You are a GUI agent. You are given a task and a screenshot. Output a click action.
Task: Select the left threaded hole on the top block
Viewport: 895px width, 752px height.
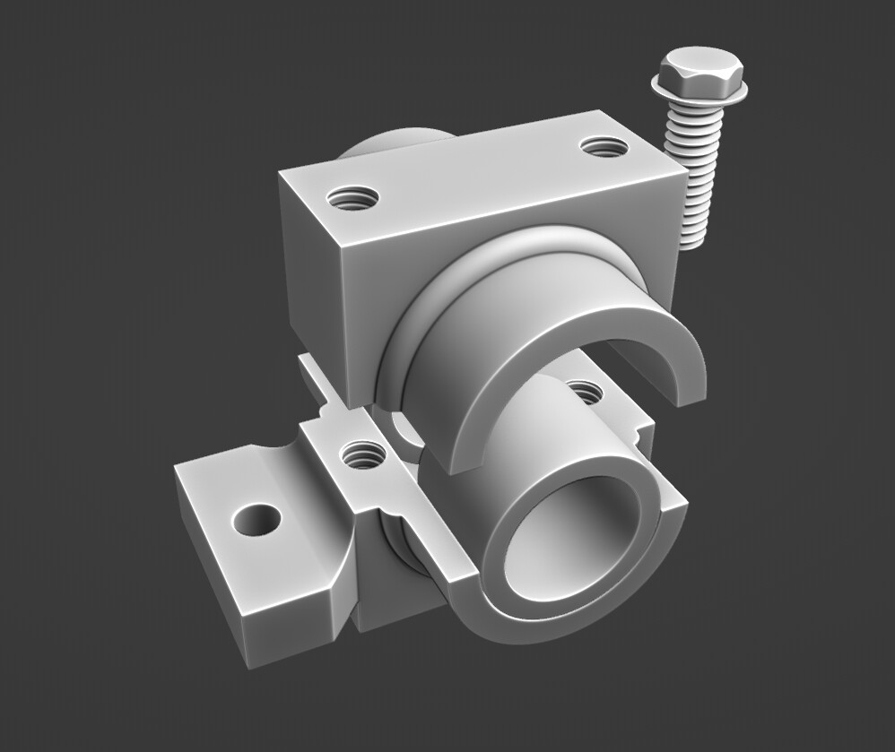pyautogui.click(x=352, y=197)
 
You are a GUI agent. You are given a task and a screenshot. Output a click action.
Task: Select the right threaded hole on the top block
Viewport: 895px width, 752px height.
pyautogui.click(x=603, y=146)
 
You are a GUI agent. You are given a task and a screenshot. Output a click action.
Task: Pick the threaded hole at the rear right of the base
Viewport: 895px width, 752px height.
pyautogui.click(x=585, y=391)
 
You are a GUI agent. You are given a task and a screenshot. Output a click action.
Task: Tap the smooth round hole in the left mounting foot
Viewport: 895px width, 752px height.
pyautogui.click(x=255, y=519)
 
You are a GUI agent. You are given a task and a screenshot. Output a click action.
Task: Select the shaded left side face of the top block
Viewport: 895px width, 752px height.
pyautogui.click(x=309, y=269)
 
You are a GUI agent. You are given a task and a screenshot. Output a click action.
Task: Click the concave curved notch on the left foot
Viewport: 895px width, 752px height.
pyautogui.click(x=269, y=457)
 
